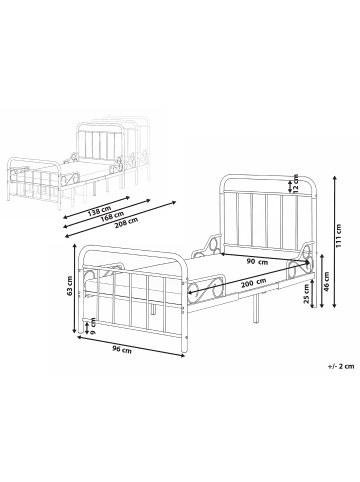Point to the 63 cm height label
pyautogui.click(x=70, y=286)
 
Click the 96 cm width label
pyautogui.click(x=122, y=349)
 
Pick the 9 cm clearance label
pyautogui.click(x=93, y=325)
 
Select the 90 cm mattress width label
pyautogui.click(x=257, y=262)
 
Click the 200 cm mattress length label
pyautogui.click(x=254, y=283)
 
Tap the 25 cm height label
pyautogui.click(x=306, y=293)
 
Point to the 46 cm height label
pyautogui.click(x=326, y=281)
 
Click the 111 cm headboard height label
pyautogui.click(x=340, y=235)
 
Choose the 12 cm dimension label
pyautogui.click(x=295, y=183)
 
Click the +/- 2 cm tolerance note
pyautogui.click(x=341, y=366)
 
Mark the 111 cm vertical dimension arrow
pyautogui.click(x=334, y=241)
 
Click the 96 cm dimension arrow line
pyautogui.click(x=131, y=347)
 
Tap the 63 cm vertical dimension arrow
pyautogui.click(x=75, y=288)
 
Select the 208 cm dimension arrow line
pyautogui.click(x=121, y=219)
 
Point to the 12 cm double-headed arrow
pyautogui.click(x=290, y=186)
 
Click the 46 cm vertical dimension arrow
pyautogui.click(x=322, y=281)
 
